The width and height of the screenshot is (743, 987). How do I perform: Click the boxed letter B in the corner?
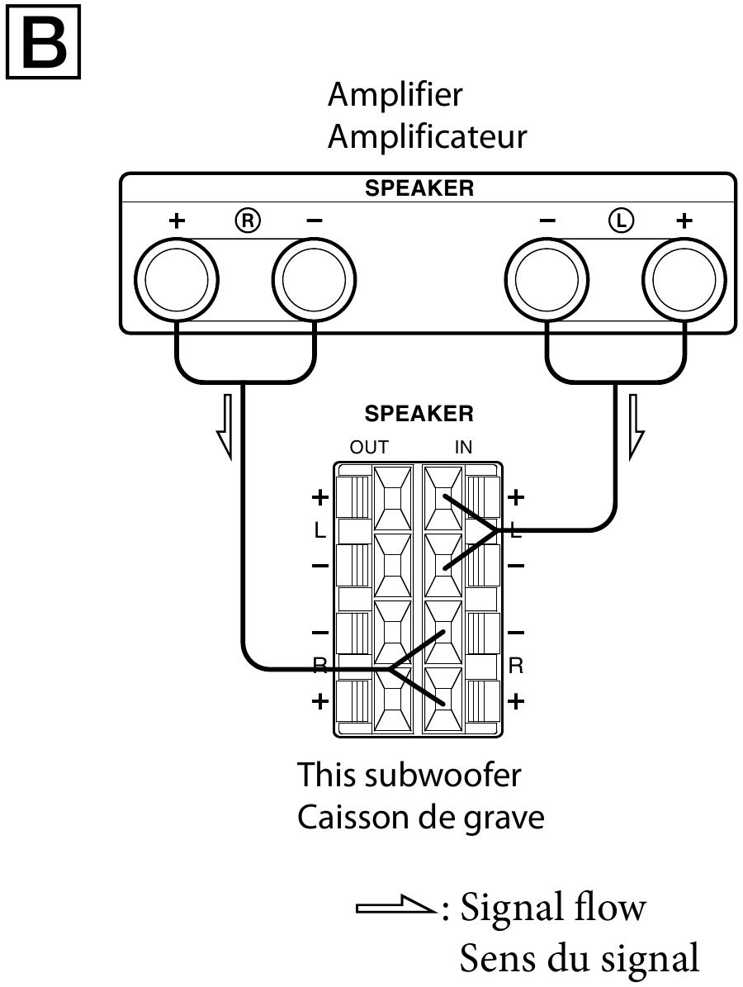(43, 40)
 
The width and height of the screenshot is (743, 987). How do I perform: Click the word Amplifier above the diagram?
(395, 95)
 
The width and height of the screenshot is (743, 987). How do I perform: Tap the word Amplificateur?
(427, 136)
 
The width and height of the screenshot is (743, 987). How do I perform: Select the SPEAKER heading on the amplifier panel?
(419, 188)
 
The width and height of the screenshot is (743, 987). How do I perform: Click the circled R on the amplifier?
(246, 220)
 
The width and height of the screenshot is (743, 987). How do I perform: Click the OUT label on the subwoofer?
(369, 448)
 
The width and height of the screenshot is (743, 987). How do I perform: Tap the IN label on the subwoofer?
(464, 448)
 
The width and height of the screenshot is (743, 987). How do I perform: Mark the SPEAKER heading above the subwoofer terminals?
(419, 414)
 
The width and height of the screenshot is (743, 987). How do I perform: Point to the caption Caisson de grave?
(420, 818)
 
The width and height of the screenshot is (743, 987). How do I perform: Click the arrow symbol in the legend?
(395, 909)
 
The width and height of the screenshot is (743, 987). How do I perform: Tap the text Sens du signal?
(579, 959)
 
